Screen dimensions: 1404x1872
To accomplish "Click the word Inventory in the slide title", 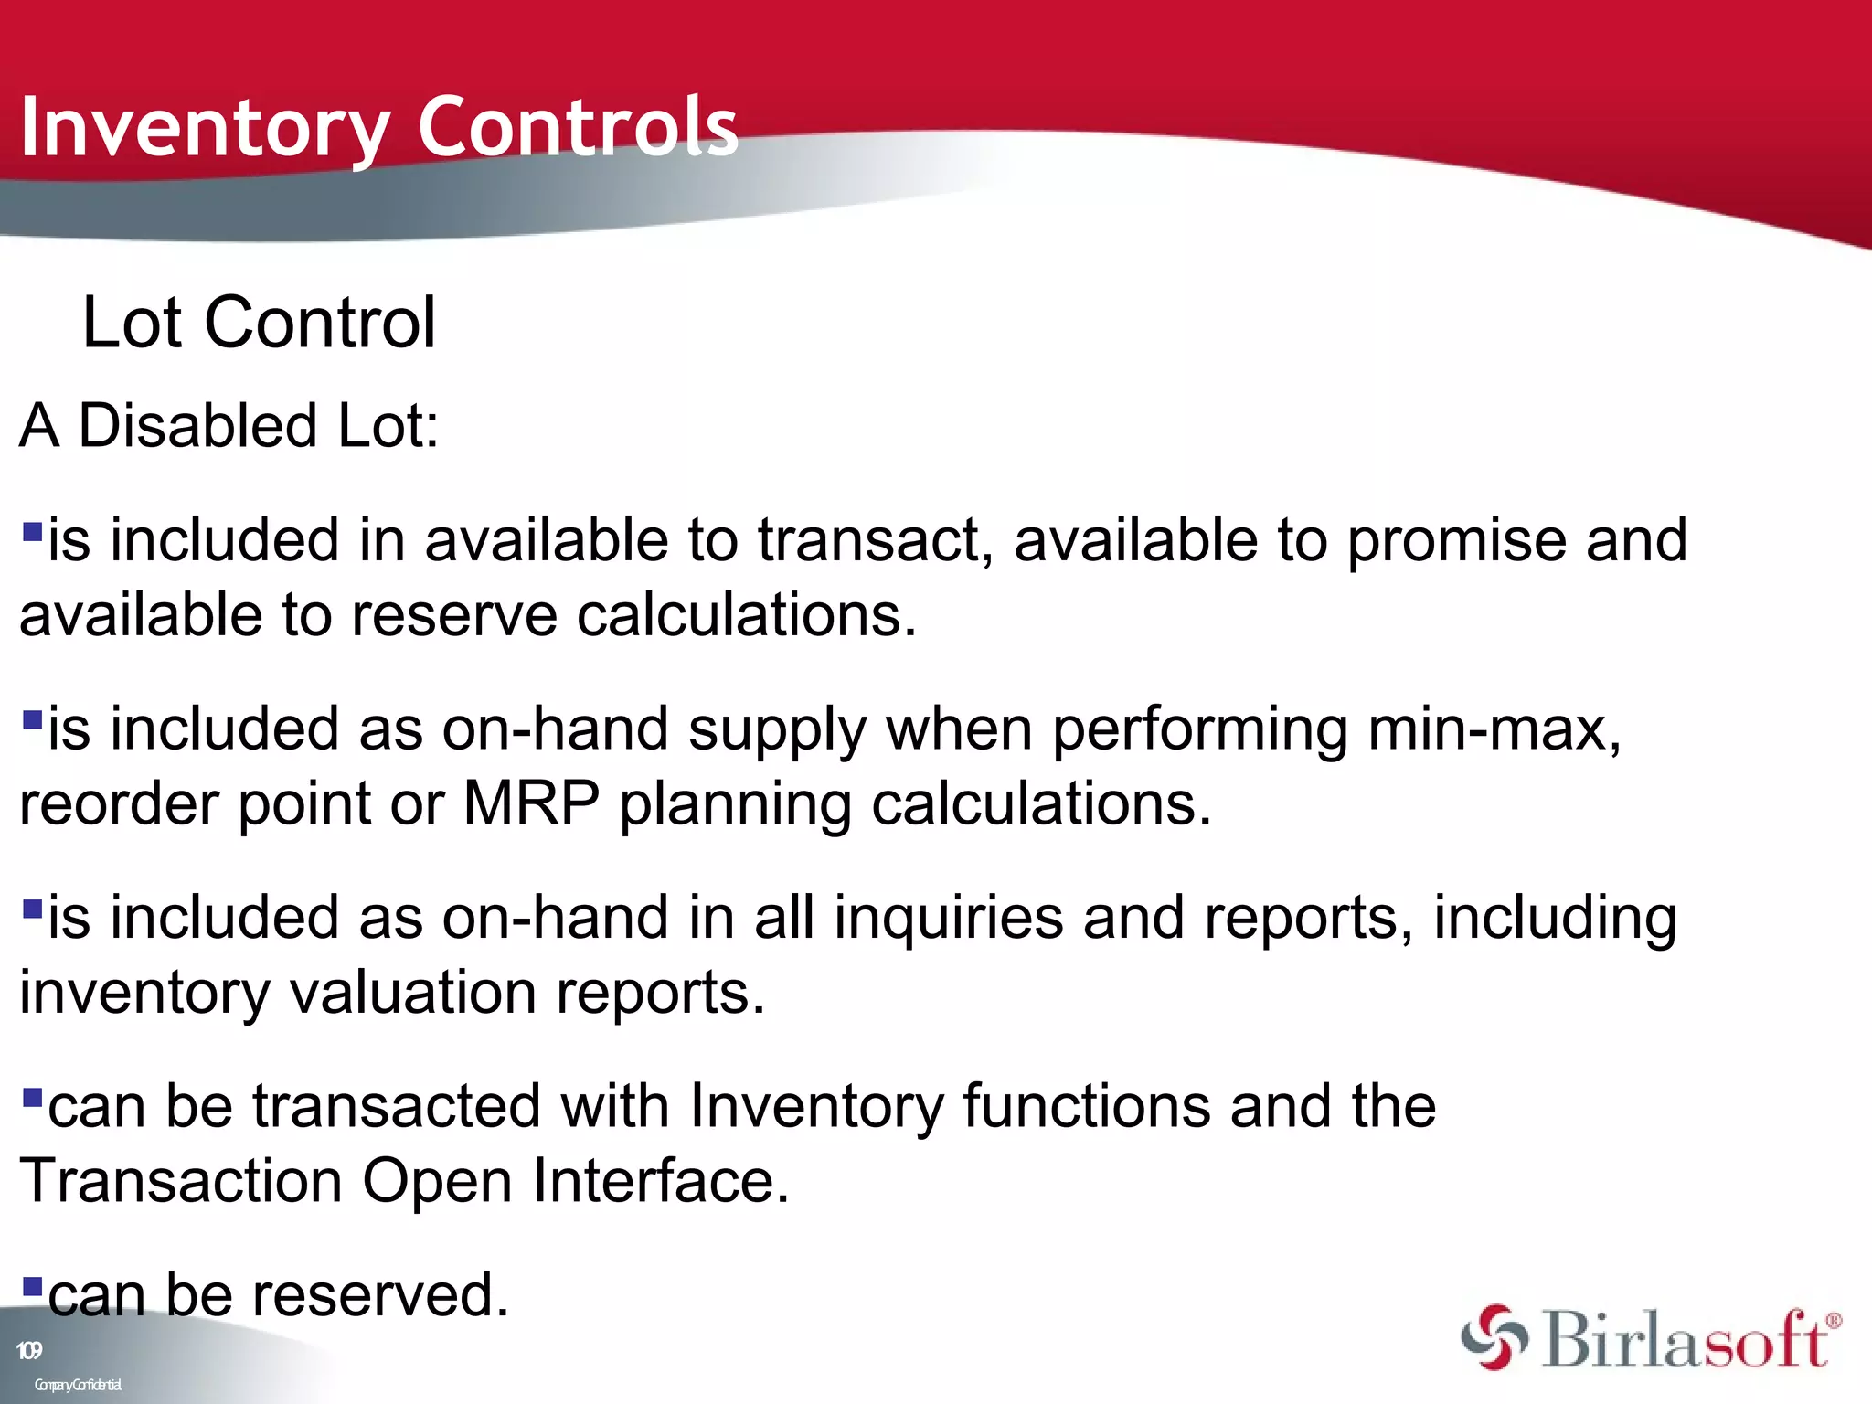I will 206,128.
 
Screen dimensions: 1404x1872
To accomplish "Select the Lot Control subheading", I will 260,323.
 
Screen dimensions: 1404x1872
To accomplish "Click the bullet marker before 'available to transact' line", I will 33,531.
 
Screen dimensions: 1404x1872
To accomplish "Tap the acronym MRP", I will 531,804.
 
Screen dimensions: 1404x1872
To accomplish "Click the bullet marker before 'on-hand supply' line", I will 33,720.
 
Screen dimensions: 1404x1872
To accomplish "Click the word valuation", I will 413,993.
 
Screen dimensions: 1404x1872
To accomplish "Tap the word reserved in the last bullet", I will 379,1295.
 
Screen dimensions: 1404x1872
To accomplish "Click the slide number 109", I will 29,1351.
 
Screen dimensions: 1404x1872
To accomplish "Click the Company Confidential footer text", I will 78,1385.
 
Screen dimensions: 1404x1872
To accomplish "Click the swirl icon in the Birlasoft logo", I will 1494,1338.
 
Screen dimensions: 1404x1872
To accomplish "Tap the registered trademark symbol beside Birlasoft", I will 1833,1321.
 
